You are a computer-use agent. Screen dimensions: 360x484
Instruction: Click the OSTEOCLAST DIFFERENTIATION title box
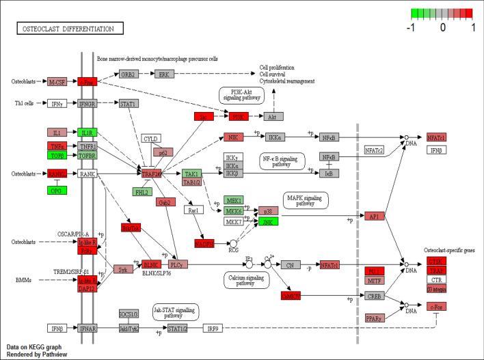(x=70, y=29)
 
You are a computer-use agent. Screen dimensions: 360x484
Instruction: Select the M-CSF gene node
(x=57, y=82)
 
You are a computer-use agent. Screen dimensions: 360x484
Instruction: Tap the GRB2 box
(x=129, y=74)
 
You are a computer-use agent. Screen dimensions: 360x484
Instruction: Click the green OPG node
(x=57, y=189)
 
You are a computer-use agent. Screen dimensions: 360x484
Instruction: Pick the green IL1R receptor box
(x=88, y=133)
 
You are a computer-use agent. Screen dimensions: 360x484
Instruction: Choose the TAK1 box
(x=191, y=174)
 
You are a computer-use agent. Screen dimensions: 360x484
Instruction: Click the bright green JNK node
(x=268, y=221)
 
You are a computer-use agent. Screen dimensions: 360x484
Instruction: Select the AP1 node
(x=375, y=216)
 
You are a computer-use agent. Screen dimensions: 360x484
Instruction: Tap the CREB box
(x=375, y=296)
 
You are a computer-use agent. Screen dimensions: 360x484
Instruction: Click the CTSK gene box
(x=436, y=261)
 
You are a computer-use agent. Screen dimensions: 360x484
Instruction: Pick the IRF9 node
(x=213, y=329)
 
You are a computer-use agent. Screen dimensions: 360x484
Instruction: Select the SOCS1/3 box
(x=129, y=314)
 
